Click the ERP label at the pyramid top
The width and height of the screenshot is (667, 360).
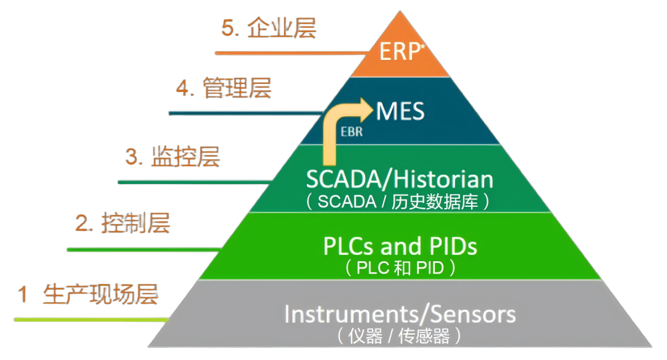point(399,52)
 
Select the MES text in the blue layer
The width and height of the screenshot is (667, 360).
point(400,112)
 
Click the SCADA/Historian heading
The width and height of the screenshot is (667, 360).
point(400,180)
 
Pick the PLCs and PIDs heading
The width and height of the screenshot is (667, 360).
point(400,246)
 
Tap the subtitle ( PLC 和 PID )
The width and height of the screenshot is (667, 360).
point(400,268)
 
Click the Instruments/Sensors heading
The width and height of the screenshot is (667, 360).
point(400,314)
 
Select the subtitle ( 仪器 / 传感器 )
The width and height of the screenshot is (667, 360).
point(400,336)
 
